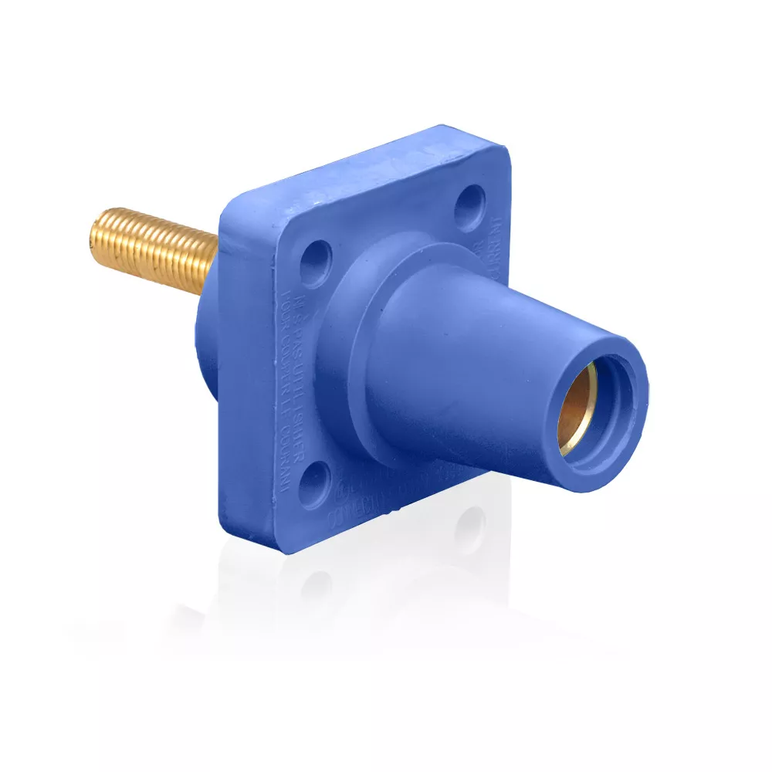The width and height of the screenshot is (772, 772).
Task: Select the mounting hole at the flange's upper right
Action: click(x=469, y=207)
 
